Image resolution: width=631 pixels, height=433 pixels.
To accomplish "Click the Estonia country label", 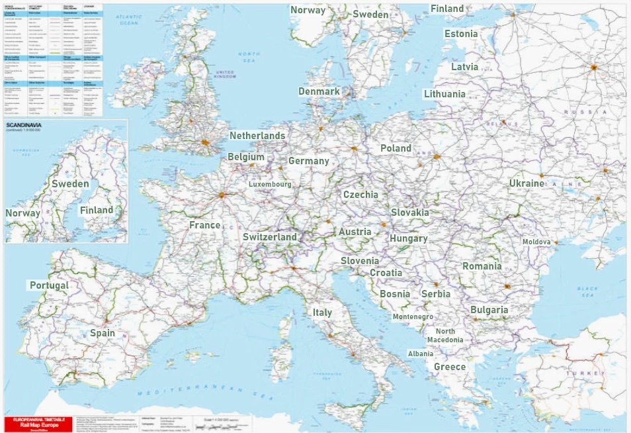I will point(461,34).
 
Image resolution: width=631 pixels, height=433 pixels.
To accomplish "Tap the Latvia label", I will point(464,67).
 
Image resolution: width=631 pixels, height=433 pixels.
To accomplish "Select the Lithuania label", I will point(444,94).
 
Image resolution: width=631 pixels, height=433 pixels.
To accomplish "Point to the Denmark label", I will point(319,91).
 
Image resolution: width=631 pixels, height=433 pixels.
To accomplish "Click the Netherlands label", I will point(257,136).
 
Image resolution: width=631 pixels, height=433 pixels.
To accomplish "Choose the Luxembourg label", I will point(270,184).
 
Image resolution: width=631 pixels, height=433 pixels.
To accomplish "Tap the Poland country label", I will point(396,148).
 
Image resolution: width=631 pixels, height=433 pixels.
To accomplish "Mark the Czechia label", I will point(360,195).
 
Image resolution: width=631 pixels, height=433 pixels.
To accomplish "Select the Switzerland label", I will point(269,236).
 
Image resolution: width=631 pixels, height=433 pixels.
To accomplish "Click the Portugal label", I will point(49,285).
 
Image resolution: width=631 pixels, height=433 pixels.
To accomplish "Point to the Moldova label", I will point(536,242).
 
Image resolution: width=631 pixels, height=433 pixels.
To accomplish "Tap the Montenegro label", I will point(413,317).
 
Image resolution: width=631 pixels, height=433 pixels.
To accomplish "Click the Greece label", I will point(450,367).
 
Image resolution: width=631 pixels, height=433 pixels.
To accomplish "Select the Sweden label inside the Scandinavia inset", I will point(70,183).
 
